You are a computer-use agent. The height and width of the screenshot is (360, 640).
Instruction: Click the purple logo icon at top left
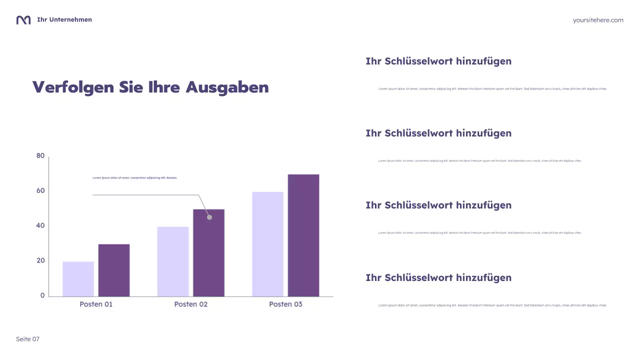click(23, 20)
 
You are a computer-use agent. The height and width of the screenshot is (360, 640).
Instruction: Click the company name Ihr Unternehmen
click(64, 19)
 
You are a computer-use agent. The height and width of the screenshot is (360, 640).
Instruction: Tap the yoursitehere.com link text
click(598, 20)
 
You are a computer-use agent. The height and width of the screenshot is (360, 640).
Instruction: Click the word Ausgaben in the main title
click(227, 87)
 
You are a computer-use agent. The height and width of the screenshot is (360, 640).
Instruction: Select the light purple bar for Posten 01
click(78, 279)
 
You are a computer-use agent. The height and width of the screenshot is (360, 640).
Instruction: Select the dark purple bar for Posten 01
click(114, 270)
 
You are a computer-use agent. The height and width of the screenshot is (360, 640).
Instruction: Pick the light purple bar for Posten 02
click(173, 261)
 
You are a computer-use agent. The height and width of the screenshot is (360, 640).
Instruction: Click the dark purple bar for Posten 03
click(303, 235)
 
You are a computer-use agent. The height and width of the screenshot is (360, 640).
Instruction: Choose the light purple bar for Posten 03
click(267, 244)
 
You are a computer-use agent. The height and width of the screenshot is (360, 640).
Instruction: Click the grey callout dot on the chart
click(209, 217)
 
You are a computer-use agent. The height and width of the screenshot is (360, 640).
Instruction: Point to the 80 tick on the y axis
click(40, 156)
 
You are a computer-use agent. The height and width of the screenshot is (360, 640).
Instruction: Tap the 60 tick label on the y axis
click(40, 190)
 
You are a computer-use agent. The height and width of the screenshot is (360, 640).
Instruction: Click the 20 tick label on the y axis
click(40, 260)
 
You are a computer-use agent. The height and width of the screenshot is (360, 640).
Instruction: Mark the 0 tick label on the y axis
click(42, 295)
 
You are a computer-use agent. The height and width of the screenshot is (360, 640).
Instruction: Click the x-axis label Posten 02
click(190, 304)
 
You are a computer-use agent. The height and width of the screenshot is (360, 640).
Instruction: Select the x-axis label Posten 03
click(285, 304)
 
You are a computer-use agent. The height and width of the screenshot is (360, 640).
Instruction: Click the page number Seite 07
click(27, 339)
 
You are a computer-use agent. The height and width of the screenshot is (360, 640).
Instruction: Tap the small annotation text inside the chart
click(135, 177)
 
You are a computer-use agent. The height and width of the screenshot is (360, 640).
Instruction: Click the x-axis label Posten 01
click(96, 304)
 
